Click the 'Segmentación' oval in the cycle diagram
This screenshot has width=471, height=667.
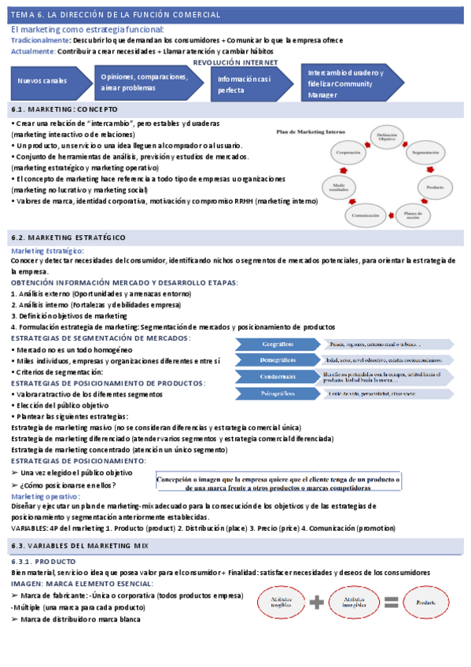click(x=425, y=152)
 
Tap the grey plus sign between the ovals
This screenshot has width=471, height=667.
click(x=317, y=603)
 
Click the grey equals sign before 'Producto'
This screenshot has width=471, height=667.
click(x=391, y=603)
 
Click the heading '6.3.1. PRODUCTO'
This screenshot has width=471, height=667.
click(x=43, y=562)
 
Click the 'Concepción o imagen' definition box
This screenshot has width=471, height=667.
click(x=278, y=482)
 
